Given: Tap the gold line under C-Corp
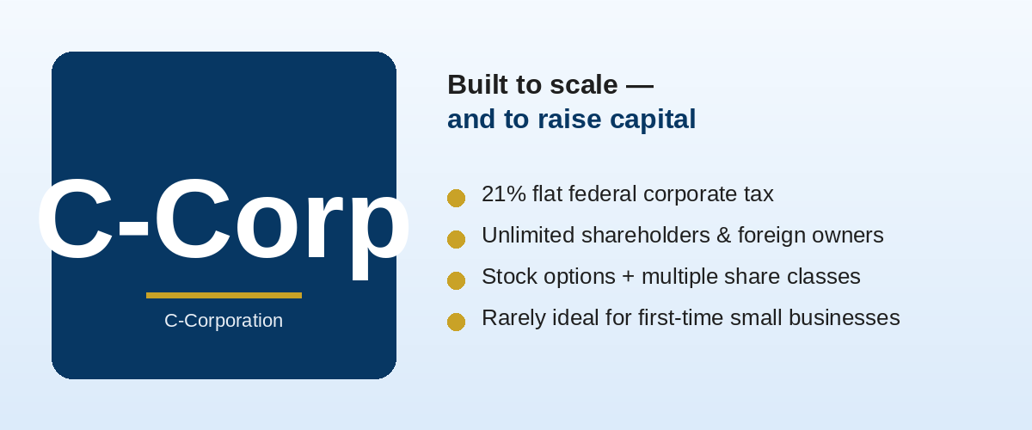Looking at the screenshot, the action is [x=224, y=296].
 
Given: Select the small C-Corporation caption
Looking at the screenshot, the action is [x=224, y=321].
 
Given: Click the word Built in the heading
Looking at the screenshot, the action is [x=478, y=85].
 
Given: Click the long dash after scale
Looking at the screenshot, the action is [x=640, y=86].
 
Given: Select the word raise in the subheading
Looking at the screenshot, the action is [x=569, y=120].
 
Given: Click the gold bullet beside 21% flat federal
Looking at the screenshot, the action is [x=456, y=198].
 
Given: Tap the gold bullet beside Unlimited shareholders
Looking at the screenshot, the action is [x=456, y=239].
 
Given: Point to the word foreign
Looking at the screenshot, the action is [x=771, y=236].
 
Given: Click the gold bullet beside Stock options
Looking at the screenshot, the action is [x=456, y=280].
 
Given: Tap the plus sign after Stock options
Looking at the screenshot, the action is [x=629, y=277].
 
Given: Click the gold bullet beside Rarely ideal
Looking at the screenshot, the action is [x=456, y=322].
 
